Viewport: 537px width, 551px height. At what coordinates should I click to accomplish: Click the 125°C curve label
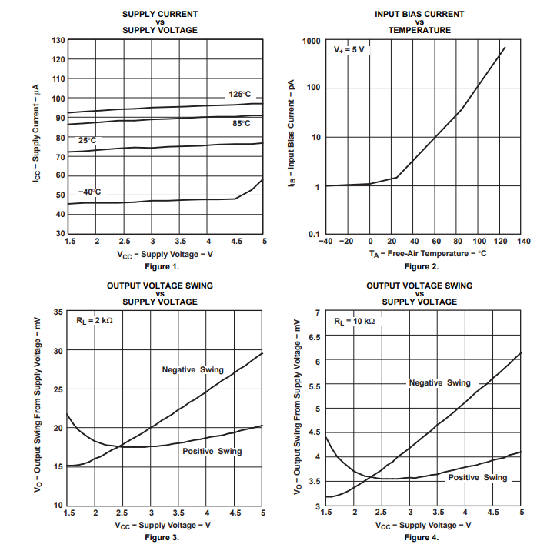point(239,94)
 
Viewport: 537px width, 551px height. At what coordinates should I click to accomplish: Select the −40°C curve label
point(89,192)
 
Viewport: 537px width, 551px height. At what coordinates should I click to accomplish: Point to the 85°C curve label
point(242,123)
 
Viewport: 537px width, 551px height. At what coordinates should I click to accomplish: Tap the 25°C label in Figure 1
point(87,141)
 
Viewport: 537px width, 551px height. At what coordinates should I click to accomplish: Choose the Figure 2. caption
point(421,266)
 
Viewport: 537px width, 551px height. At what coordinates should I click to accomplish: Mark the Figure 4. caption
point(421,537)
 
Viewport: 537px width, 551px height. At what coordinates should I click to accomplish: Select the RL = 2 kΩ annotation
point(94,320)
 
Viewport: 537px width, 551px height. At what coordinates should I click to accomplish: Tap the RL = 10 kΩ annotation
point(355,320)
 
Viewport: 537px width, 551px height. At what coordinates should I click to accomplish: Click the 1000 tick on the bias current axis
point(311,40)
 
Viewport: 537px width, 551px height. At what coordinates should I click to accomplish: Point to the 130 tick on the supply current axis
point(58,40)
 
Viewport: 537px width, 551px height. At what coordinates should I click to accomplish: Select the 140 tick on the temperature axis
point(524,241)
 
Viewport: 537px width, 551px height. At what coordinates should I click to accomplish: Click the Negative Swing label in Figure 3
point(192,369)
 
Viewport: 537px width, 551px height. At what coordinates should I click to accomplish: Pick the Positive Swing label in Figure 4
point(478,477)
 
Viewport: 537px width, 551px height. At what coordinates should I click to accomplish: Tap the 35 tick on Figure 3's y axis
point(58,312)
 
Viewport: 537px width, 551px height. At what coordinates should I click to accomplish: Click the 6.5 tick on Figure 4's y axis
point(313,336)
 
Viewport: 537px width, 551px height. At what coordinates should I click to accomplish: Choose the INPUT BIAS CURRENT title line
point(419,14)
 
